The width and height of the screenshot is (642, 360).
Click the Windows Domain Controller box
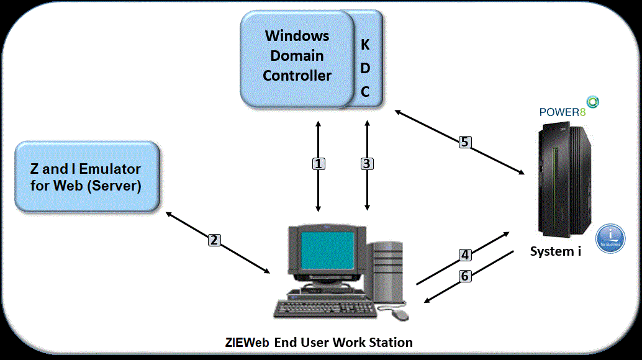coord(297,56)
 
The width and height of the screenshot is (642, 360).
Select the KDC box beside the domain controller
coord(366,68)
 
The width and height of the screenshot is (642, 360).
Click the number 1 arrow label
coord(318,164)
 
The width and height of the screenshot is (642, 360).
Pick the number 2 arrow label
coord(214,240)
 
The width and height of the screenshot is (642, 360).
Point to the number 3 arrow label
coord(367,164)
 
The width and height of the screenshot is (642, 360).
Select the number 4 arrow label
coord(465,254)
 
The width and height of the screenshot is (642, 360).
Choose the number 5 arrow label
coord(464,142)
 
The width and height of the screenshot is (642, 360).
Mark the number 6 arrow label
coord(465,276)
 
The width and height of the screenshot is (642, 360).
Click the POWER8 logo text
coord(562,112)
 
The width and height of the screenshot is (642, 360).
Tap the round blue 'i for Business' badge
coord(610,239)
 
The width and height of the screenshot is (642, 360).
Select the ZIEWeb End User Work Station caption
coord(319,342)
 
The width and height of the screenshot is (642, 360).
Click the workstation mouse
coord(400,315)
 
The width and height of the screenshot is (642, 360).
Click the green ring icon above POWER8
coord(593,101)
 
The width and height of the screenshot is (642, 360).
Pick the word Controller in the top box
coord(297,76)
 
